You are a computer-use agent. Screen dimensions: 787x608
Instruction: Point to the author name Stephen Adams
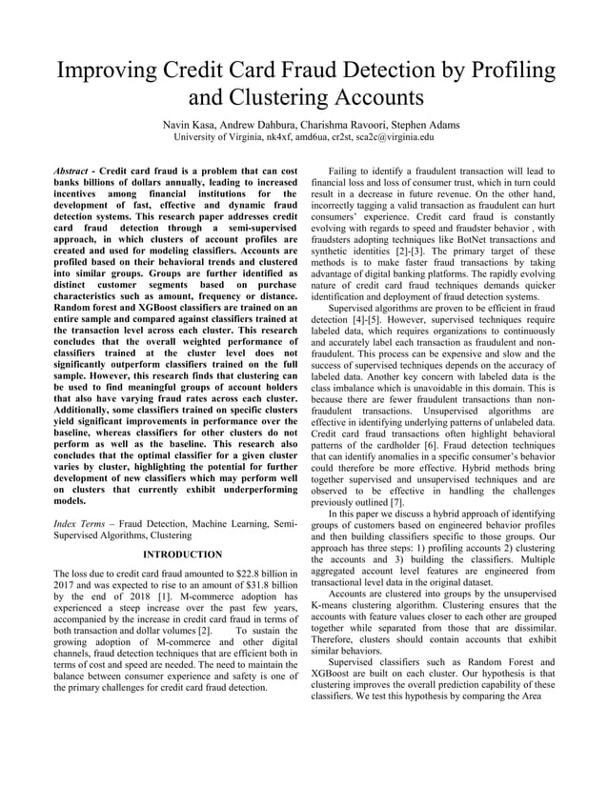tap(405, 125)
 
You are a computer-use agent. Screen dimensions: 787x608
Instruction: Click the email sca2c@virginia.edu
tap(393, 137)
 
